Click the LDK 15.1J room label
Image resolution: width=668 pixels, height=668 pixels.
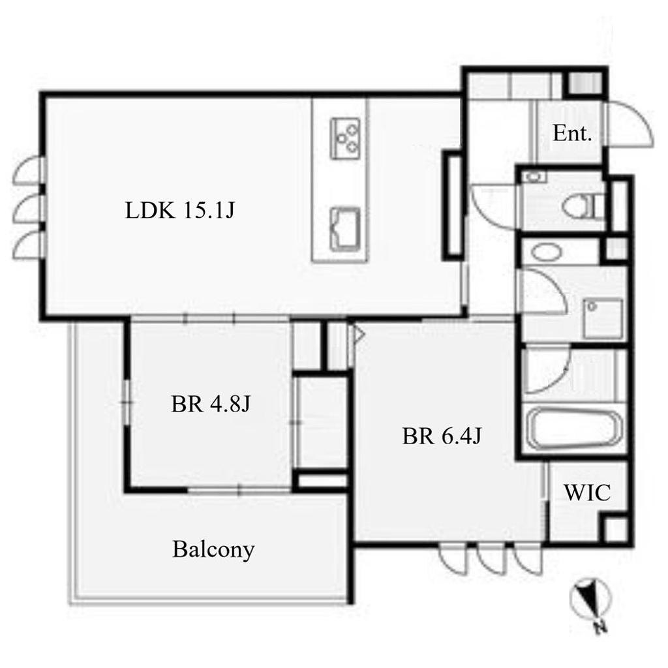[180, 210]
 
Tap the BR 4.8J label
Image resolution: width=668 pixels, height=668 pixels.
[211, 403]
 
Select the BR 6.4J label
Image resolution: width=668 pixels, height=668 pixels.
[442, 436]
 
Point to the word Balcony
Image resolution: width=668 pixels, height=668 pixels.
[213, 549]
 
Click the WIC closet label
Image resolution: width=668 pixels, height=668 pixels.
[587, 493]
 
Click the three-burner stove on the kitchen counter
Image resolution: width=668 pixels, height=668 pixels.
[345, 138]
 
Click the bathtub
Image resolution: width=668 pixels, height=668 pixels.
[573, 429]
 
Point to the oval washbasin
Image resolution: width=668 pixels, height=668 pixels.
[547, 252]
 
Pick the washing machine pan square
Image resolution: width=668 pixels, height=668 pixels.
[603, 318]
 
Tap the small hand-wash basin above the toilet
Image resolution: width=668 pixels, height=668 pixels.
[534, 176]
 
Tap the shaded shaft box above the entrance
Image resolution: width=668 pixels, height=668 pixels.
[584, 83]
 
